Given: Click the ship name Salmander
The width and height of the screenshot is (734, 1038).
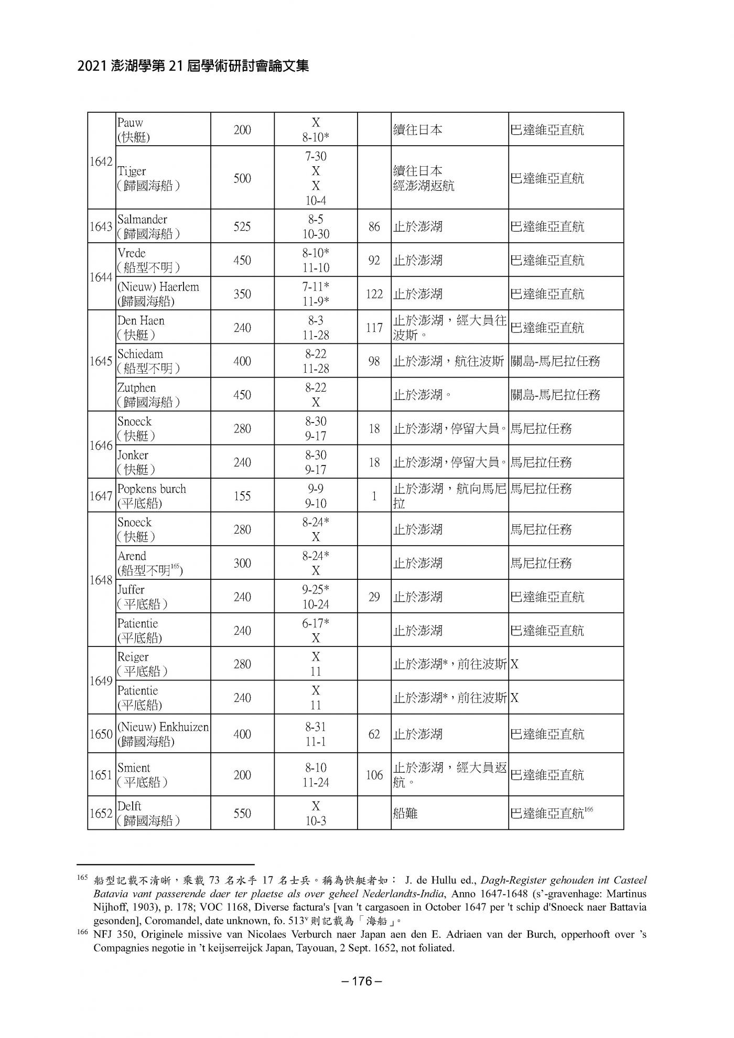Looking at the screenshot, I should (x=142, y=219).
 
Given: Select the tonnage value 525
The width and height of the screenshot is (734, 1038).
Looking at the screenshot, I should (x=242, y=226).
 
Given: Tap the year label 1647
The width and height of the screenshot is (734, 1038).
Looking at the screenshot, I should (x=101, y=496).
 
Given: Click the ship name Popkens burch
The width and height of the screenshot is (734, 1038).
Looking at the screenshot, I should (x=152, y=489).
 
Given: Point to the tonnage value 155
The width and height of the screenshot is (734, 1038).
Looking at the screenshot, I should (x=242, y=496).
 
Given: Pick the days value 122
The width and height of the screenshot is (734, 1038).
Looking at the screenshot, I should (x=374, y=294).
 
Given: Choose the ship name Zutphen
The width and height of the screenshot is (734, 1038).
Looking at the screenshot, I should (x=136, y=388).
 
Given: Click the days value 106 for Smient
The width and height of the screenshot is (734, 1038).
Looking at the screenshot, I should (x=374, y=775).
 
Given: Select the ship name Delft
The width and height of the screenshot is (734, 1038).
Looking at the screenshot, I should (x=129, y=806).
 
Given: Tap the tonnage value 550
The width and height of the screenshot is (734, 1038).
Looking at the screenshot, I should (x=242, y=813).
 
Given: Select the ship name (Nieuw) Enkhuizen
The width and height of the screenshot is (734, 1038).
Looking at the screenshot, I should (x=163, y=727).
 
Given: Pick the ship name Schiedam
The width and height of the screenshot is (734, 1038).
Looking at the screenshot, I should (x=140, y=354).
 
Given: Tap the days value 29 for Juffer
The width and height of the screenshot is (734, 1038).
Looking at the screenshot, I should (x=374, y=597).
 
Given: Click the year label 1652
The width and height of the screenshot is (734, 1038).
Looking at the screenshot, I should (x=101, y=813).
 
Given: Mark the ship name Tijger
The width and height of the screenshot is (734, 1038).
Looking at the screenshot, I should (x=132, y=171).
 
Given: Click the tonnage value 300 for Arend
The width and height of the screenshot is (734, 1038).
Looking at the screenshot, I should (x=242, y=564).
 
